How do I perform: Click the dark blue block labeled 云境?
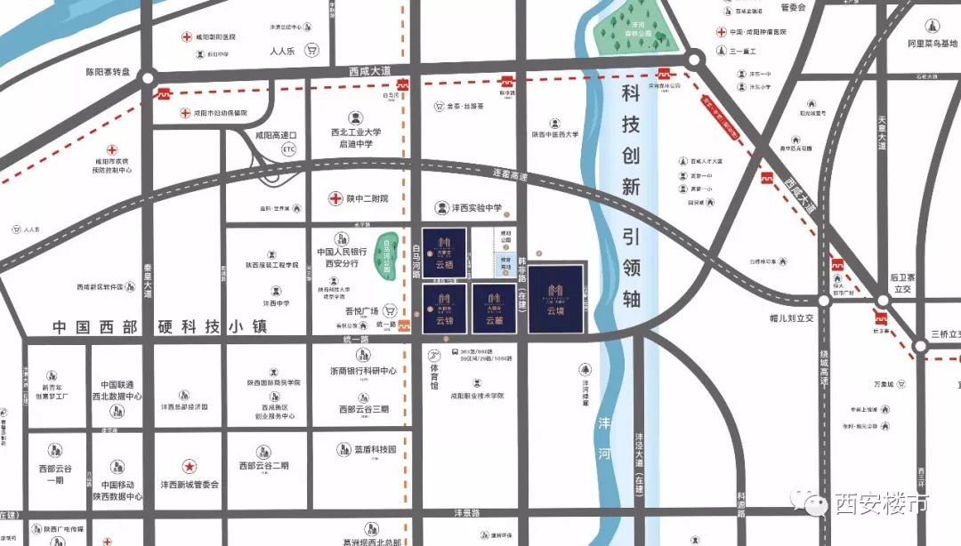tap(556, 298)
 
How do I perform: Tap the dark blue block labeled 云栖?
tap(444, 252)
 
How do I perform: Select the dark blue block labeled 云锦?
tap(444, 309)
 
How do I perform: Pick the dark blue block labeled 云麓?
tap(495, 309)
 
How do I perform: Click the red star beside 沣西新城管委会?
tap(189, 466)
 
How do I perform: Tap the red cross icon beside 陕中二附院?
tap(335, 198)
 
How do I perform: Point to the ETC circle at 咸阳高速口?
tap(288, 149)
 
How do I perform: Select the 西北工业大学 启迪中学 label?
tap(356, 137)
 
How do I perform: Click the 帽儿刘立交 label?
tap(774, 317)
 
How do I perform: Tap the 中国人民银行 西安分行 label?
tap(341, 257)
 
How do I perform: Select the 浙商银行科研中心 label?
tap(362, 370)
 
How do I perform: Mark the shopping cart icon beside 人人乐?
tap(312, 51)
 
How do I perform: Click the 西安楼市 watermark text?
tap(880, 504)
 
